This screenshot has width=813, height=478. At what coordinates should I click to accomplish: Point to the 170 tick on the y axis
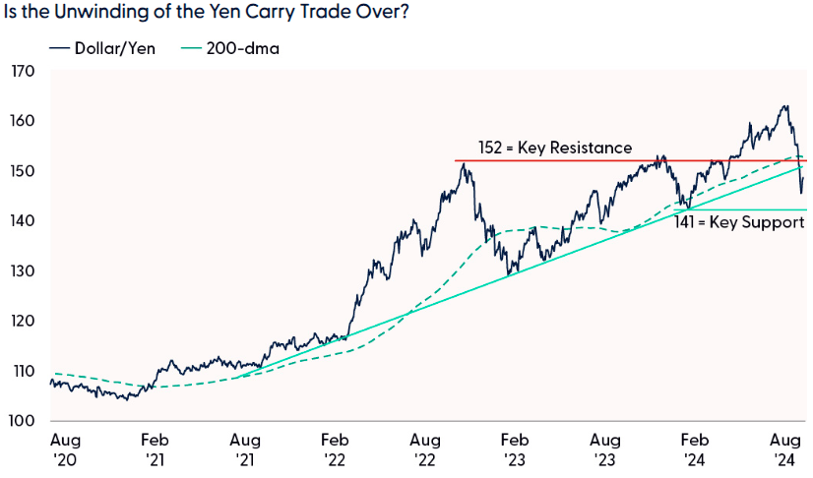click(x=24, y=72)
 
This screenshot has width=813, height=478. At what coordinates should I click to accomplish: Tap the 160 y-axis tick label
click(x=24, y=122)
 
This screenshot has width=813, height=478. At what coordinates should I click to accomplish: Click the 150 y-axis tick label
click(x=24, y=172)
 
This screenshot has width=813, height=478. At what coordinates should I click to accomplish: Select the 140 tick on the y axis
click(x=24, y=221)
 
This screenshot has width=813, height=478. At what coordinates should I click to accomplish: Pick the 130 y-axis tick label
click(x=24, y=271)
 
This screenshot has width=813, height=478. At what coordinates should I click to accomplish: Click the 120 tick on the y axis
click(x=24, y=322)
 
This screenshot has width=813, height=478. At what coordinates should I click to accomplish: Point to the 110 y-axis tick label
click(x=24, y=372)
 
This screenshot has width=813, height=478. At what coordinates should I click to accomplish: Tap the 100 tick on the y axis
click(x=24, y=421)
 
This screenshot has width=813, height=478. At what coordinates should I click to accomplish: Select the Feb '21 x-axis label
click(x=156, y=449)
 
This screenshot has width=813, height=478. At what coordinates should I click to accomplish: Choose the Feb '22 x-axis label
click(x=335, y=449)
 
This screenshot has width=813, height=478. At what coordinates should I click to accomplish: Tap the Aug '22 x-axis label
click(x=424, y=449)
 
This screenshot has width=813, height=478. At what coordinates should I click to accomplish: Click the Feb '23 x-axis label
click(x=513, y=449)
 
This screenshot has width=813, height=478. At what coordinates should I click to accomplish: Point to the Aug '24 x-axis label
click(x=783, y=449)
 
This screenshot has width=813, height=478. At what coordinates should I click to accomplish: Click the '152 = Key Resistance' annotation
click(x=554, y=148)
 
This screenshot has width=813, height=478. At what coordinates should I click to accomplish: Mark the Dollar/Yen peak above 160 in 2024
click(x=784, y=106)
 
